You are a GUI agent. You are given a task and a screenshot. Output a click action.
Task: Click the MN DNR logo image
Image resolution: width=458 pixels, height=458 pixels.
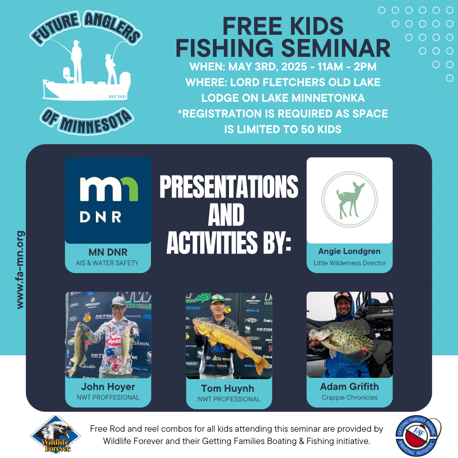(x=108, y=201)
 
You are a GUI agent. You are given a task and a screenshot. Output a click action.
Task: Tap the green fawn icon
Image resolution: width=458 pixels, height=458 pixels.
(x=349, y=200)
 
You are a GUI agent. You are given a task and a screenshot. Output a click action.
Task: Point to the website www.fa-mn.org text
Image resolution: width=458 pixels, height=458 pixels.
(x=20, y=270)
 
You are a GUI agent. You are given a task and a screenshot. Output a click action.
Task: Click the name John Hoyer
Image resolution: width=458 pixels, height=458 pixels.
(x=108, y=387)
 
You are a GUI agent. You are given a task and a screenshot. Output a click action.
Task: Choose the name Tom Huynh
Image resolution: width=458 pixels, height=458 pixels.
(x=228, y=388)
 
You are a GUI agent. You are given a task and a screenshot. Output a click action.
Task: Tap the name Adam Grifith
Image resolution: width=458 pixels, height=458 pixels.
(x=349, y=386)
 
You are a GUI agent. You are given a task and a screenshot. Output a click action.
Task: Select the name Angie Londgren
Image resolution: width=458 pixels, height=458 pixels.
(x=349, y=251)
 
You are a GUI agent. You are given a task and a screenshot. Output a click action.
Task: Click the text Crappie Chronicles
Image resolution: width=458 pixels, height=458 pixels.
(x=349, y=398)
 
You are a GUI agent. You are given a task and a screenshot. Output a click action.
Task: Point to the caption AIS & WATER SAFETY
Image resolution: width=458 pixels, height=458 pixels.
(x=107, y=263)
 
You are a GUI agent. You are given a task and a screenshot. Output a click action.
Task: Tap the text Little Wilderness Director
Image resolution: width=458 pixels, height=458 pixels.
(x=349, y=263)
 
